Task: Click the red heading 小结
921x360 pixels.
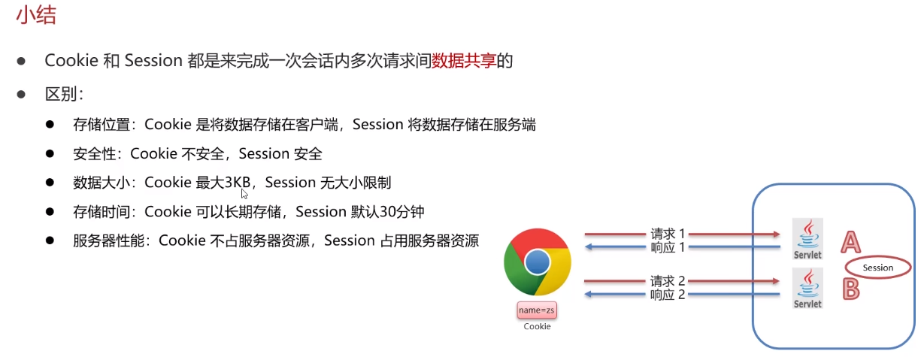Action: (36, 16)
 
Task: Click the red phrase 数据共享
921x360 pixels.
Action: (464, 61)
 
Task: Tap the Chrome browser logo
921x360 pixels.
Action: (537, 262)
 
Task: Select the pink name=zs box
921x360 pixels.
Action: (537, 310)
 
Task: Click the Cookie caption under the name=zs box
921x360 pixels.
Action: (537, 326)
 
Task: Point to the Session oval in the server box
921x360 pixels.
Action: (878, 268)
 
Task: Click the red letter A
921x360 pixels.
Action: (850, 242)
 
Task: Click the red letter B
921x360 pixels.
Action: (850, 289)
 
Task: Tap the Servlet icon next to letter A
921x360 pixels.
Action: (807, 239)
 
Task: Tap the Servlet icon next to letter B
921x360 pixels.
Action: (807, 288)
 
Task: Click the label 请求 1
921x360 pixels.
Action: (668, 234)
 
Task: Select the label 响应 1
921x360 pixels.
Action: (668, 247)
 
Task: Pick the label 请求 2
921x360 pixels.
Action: (668, 281)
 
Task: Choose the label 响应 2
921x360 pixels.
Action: (668, 295)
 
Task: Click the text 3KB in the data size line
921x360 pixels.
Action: (238, 183)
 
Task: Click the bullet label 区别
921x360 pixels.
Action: (61, 94)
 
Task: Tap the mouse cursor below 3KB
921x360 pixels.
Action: (244, 194)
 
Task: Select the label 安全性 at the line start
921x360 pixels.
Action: (95, 154)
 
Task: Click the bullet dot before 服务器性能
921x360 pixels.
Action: (50, 241)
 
